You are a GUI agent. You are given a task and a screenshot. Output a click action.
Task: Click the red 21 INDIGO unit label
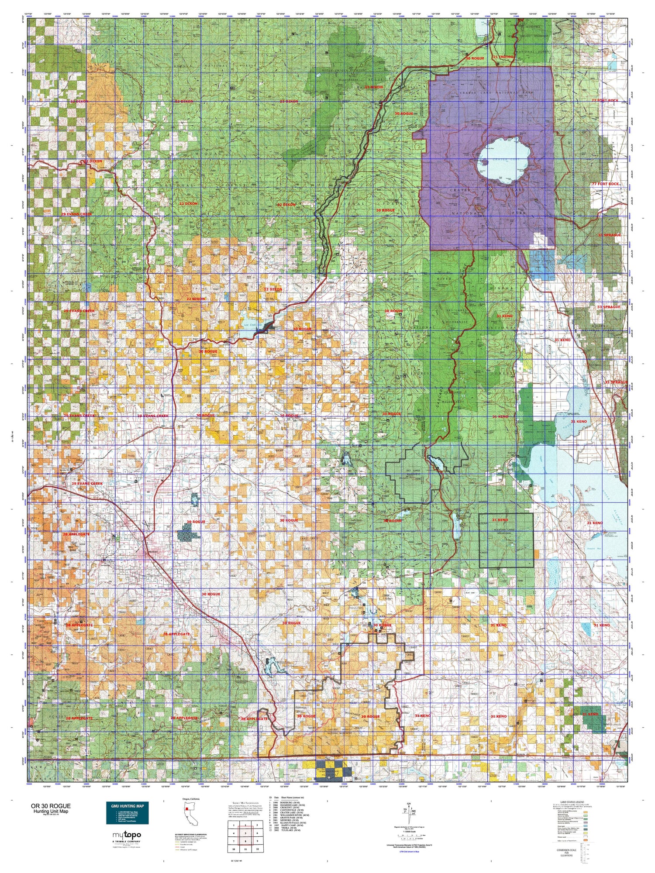pos(503,57)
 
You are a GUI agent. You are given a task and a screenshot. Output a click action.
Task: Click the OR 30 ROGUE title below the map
pos(50,806)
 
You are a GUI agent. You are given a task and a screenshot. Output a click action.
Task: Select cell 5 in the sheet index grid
pos(245,833)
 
